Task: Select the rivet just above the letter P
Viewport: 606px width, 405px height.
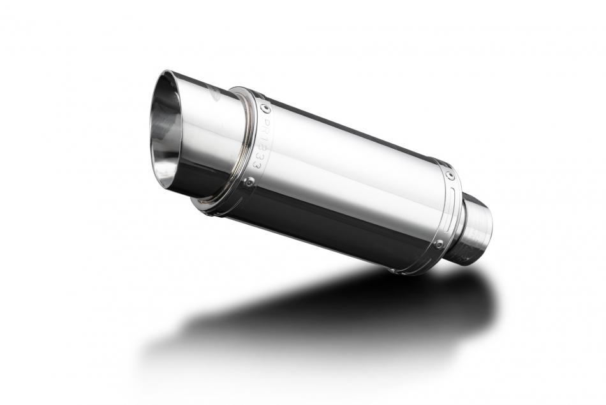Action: pyautogui.click(x=263, y=109)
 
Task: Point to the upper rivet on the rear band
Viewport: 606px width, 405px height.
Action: pyautogui.click(x=451, y=174)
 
